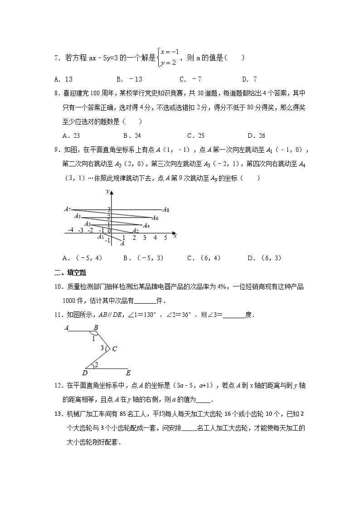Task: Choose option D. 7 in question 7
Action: [249, 79]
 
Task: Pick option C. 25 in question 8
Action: [195, 136]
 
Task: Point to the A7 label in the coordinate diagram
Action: [68, 209]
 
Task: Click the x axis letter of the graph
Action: [175, 235]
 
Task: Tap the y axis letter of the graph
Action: [107, 192]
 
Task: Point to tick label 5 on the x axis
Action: [165, 238]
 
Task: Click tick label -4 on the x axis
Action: [71, 230]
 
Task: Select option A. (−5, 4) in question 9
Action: [83, 258]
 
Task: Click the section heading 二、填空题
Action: [70, 272]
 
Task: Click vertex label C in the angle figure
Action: [114, 349]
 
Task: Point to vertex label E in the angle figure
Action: [128, 373]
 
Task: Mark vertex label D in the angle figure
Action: [85, 373]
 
